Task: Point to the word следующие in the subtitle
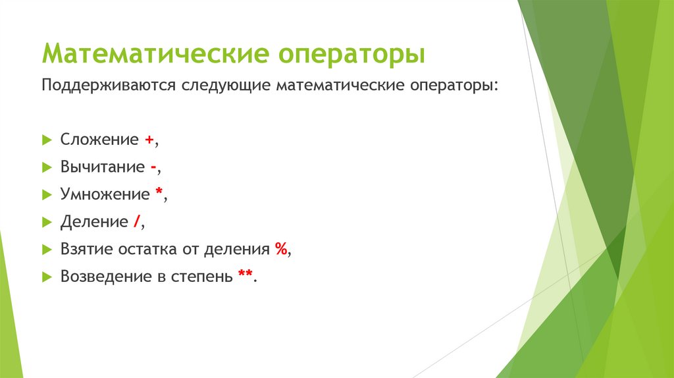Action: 224,86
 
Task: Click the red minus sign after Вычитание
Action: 153,167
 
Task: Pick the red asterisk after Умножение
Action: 159,194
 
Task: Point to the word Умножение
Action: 105,195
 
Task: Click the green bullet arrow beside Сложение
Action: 47,140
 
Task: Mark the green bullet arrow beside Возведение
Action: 47,277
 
